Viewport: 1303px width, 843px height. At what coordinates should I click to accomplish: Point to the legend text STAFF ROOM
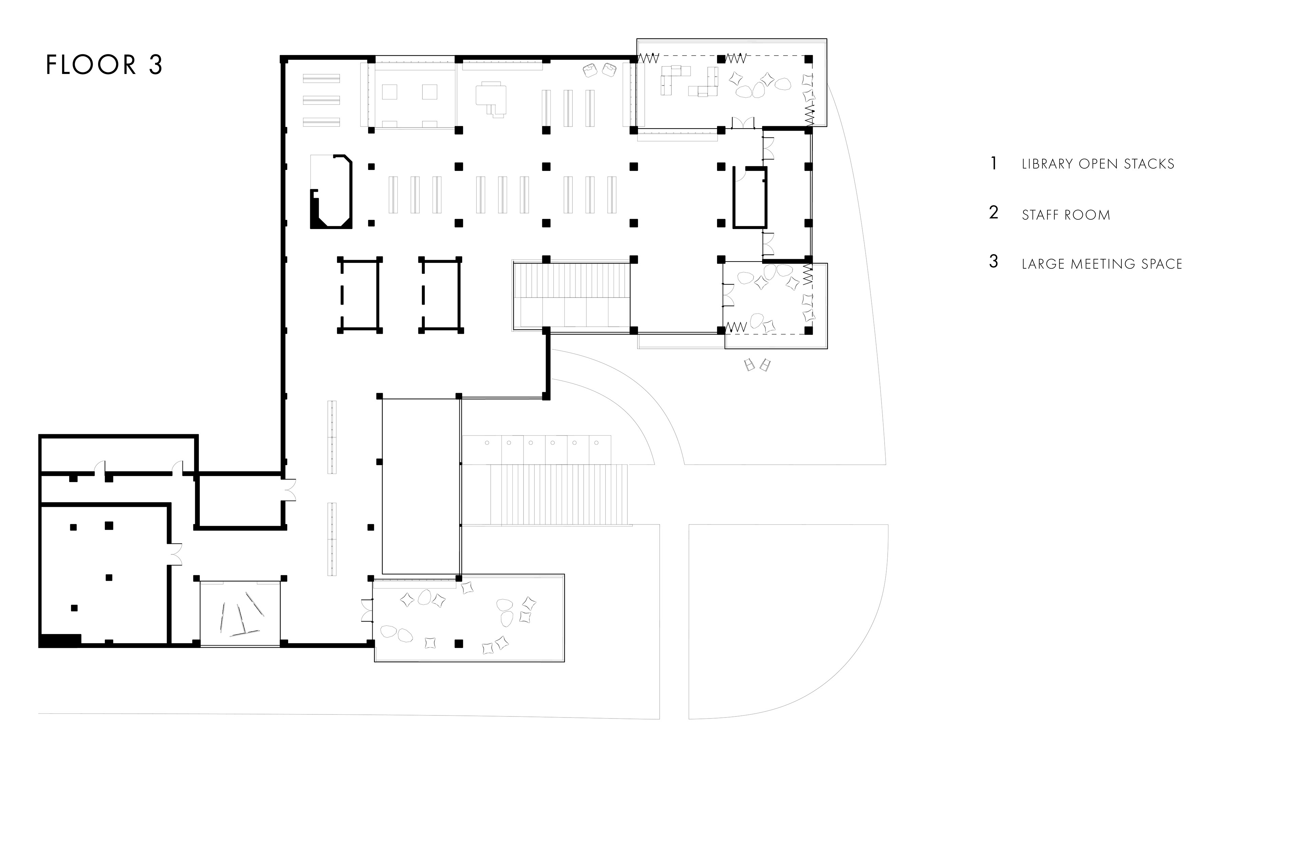tap(1066, 215)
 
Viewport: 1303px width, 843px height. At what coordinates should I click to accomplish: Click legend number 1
tap(994, 163)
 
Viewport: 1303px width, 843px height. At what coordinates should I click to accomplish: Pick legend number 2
tap(994, 212)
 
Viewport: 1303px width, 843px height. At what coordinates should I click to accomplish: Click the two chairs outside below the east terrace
tap(757, 365)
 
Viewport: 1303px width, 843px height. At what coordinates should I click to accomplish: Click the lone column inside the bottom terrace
tap(459, 644)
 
